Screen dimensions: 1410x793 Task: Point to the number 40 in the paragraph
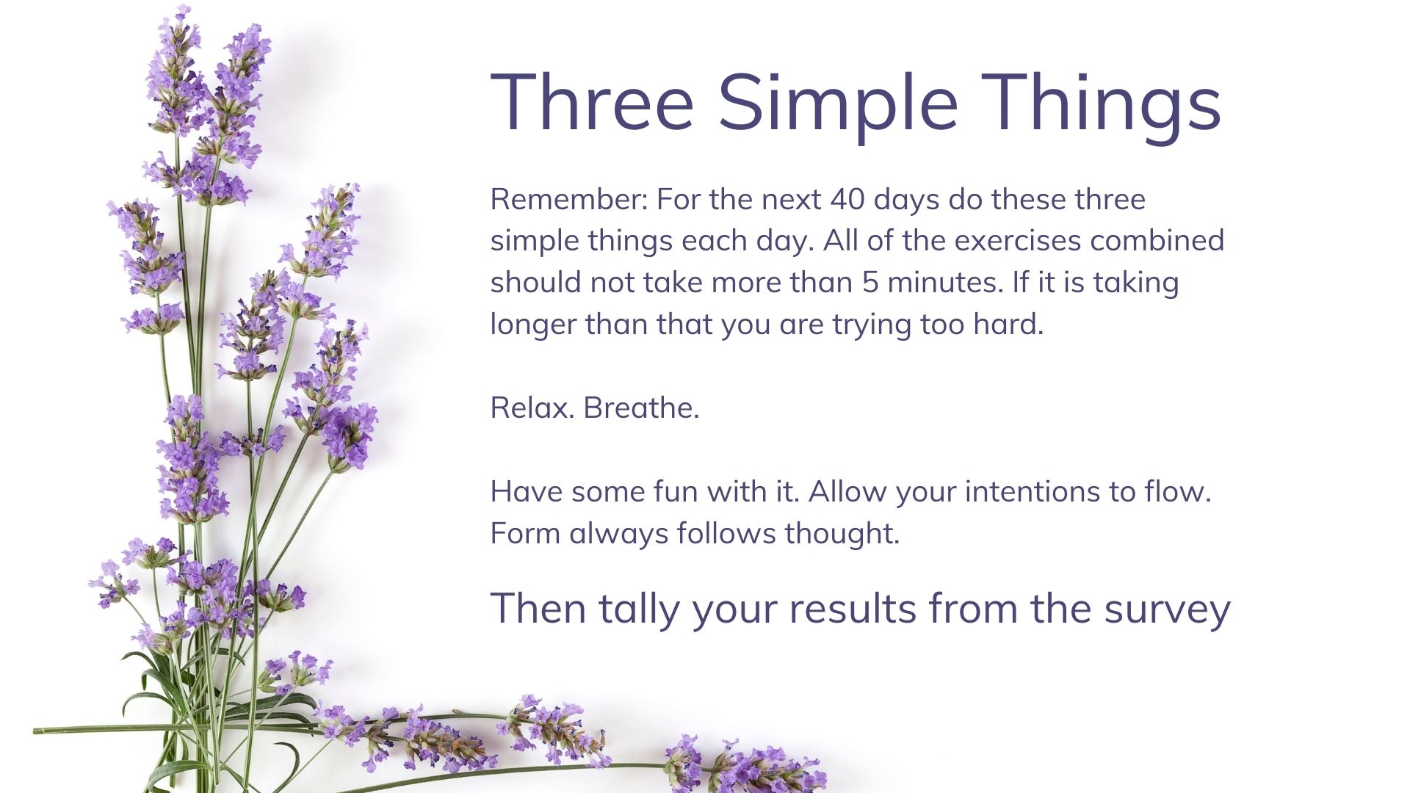click(847, 199)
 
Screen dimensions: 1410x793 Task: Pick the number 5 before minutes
click(870, 283)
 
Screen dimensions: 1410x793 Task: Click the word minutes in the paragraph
click(945, 282)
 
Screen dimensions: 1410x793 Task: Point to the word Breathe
click(641, 408)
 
